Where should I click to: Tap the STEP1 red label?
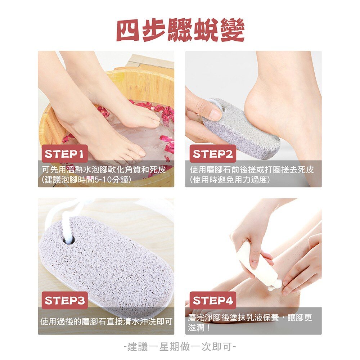(64, 154)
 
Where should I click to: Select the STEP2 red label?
(213, 154)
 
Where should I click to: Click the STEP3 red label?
(64, 301)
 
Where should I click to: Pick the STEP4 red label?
(213, 301)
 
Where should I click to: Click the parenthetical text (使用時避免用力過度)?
(230, 179)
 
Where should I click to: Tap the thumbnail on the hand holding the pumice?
(215, 114)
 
